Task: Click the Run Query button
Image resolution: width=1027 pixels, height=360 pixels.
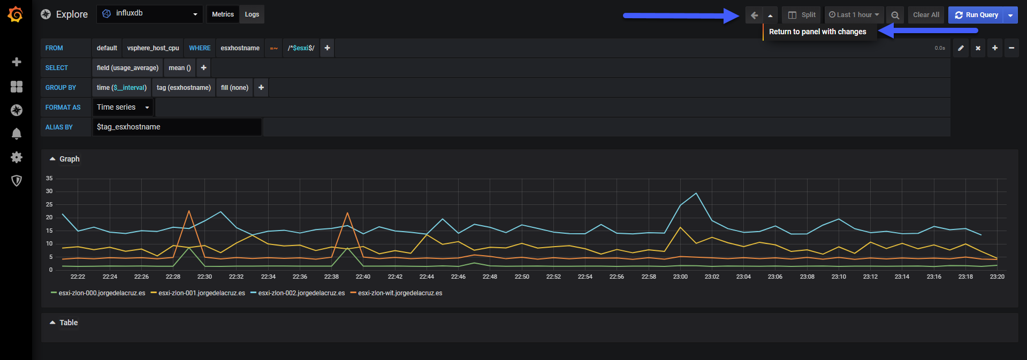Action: (976, 15)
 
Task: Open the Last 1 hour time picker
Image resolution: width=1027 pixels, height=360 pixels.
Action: (854, 15)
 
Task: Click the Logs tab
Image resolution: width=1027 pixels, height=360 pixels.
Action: (252, 14)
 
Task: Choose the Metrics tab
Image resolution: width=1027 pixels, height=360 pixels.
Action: (223, 14)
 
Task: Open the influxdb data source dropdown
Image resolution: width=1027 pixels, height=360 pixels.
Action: (150, 14)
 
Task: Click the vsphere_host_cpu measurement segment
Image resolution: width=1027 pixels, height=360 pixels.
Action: (153, 48)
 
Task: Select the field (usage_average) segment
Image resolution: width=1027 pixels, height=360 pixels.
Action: (127, 68)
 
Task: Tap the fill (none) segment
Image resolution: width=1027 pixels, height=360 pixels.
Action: (234, 88)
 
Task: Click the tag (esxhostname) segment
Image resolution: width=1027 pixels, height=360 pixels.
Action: (184, 88)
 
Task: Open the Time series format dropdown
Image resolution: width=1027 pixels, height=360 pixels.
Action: (123, 108)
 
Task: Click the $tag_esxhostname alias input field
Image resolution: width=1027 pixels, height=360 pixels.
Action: (177, 127)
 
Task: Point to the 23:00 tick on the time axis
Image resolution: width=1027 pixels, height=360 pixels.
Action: (680, 277)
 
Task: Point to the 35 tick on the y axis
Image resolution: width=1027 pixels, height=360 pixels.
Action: (49, 178)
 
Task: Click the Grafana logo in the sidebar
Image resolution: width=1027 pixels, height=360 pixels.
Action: (16, 14)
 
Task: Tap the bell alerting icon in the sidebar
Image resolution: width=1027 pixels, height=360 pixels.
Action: (17, 134)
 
